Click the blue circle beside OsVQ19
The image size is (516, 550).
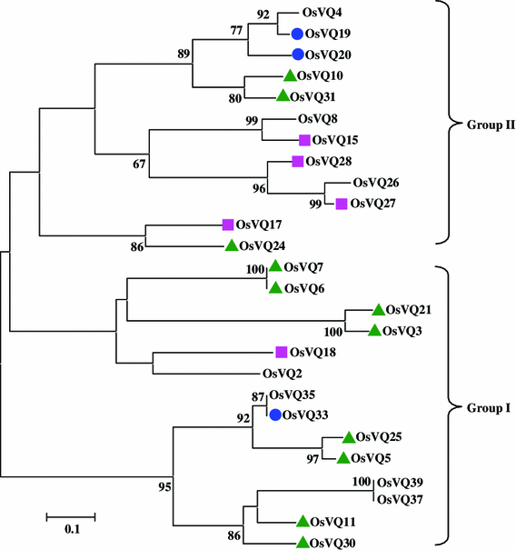[x=297, y=34]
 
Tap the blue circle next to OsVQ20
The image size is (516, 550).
[x=297, y=55]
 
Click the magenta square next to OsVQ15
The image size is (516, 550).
[x=304, y=140]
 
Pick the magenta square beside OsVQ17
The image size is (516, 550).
[x=228, y=224]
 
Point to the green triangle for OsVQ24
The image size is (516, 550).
[x=232, y=245]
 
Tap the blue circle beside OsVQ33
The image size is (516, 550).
[x=274, y=415]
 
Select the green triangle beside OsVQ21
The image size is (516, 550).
[x=376, y=309]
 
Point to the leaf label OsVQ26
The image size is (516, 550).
[x=375, y=183]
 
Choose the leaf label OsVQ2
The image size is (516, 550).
[x=281, y=373]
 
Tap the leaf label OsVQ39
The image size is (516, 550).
[x=398, y=483]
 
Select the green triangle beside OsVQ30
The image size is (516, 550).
[x=302, y=543]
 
